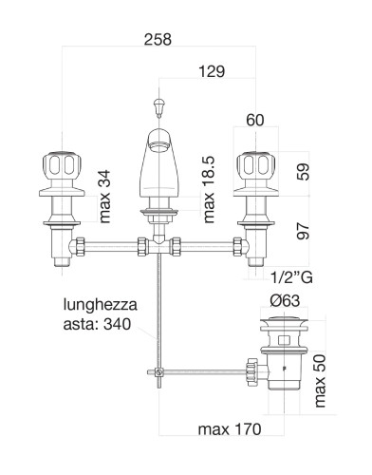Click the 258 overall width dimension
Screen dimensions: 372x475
[158, 39]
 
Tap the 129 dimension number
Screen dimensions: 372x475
[212, 71]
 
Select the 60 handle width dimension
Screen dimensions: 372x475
[255, 120]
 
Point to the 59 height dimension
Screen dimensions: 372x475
[303, 172]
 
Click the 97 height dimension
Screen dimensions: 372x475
[303, 231]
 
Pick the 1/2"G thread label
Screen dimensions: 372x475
[291, 277]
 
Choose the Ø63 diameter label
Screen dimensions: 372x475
[285, 300]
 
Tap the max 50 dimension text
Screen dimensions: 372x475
[320, 381]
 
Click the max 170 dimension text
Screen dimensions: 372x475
[230, 429]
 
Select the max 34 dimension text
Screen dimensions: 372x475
[104, 197]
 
